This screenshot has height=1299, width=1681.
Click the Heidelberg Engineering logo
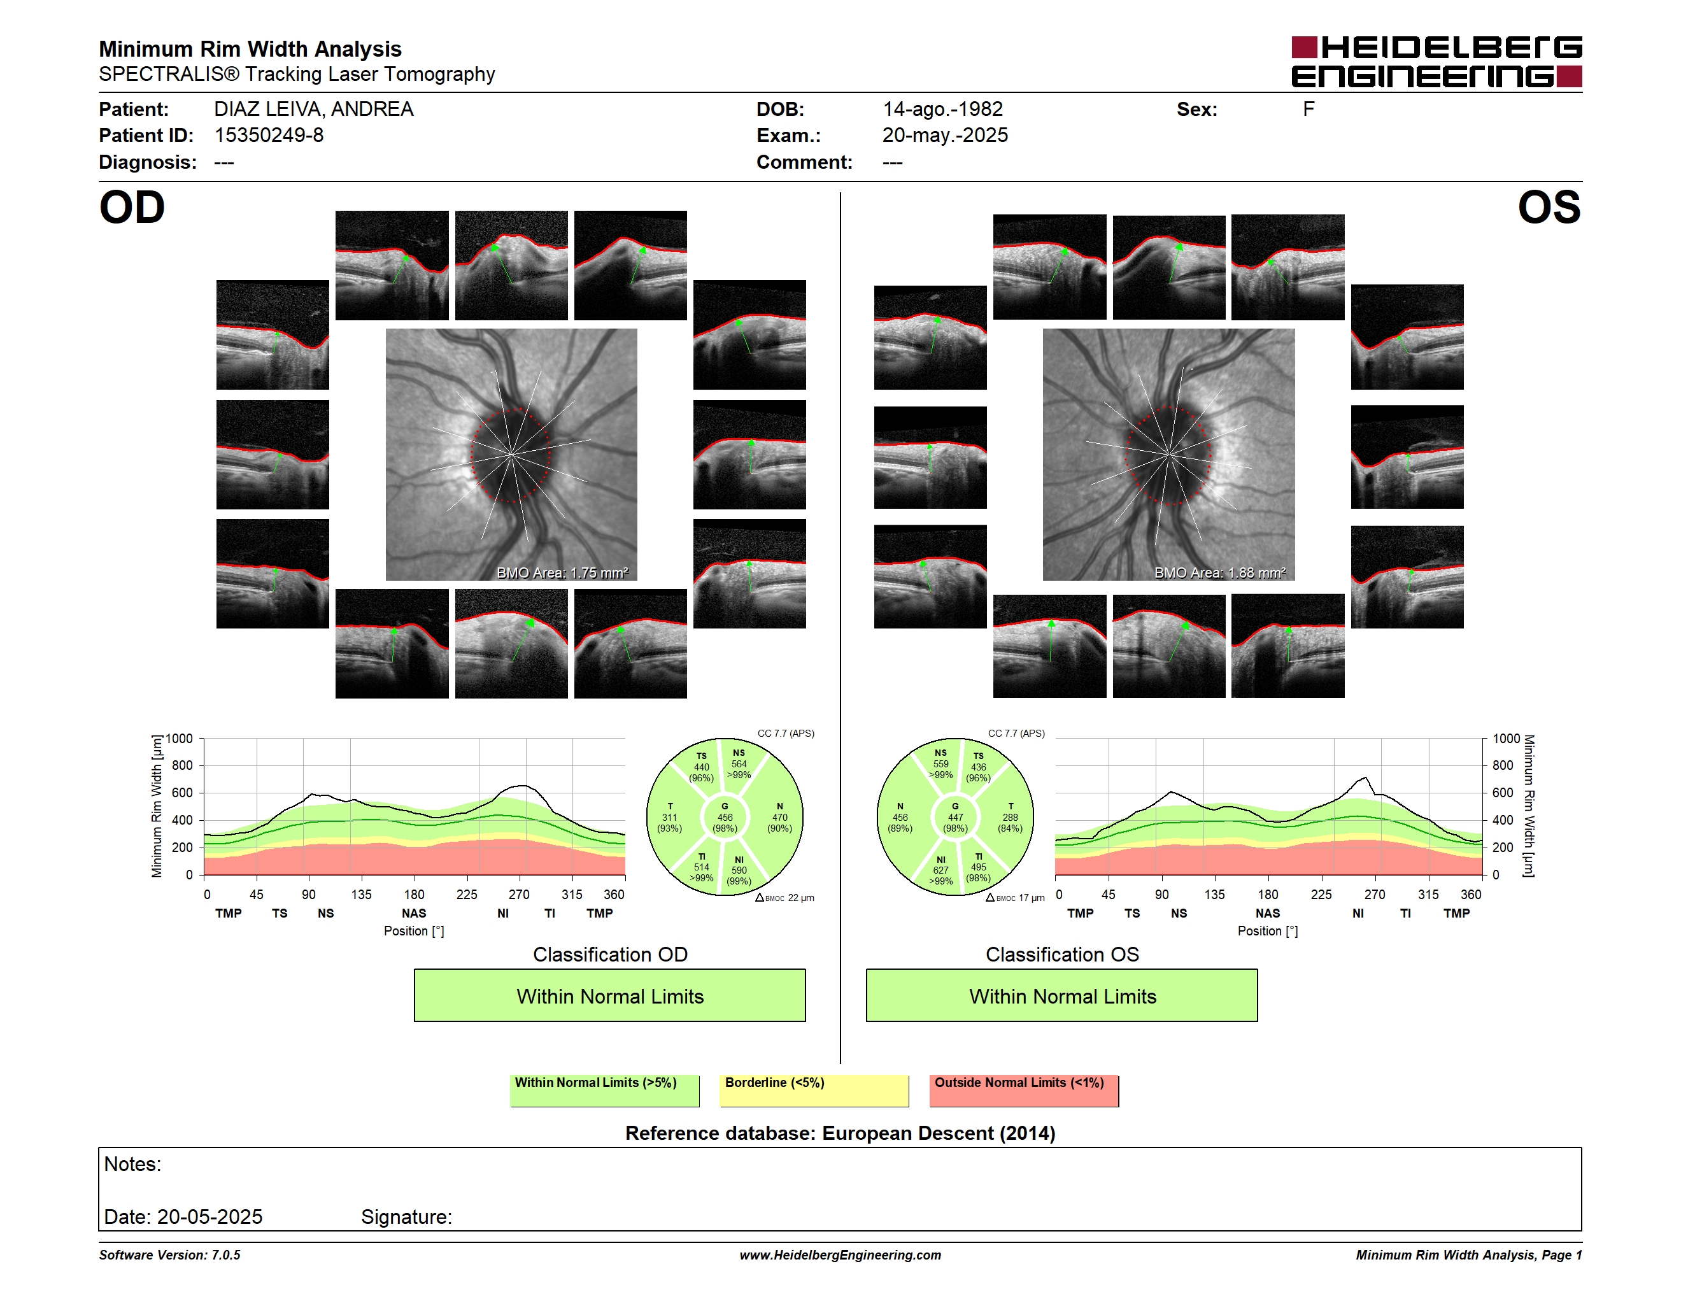click(1436, 62)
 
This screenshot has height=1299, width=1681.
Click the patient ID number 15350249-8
click(269, 136)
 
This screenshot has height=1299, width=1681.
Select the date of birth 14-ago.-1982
click(942, 110)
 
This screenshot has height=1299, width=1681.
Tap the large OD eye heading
click(132, 207)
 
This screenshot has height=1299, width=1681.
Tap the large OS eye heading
click(1549, 207)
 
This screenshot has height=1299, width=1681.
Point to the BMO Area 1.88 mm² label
click(1220, 572)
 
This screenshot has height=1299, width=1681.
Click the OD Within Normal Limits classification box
click(609, 995)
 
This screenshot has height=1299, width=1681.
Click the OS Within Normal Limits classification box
click(1062, 995)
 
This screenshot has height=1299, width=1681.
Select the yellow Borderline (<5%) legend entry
click(814, 1090)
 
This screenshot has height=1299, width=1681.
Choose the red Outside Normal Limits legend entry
click(1024, 1090)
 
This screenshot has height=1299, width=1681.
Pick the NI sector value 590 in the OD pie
click(739, 870)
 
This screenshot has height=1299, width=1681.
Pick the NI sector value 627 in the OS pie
click(940, 870)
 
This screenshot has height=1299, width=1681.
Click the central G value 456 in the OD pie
click(725, 817)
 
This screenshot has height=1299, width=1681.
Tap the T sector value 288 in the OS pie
click(1010, 817)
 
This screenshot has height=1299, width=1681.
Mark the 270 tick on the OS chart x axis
click(1375, 894)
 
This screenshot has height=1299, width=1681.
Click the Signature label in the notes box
click(406, 1217)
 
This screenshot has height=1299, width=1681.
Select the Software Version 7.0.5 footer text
click(169, 1255)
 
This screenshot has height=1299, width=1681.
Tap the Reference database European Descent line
click(840, 1133)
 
